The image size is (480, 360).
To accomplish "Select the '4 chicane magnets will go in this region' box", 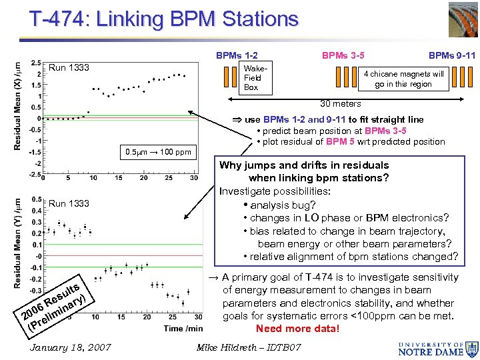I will tap(403, 79).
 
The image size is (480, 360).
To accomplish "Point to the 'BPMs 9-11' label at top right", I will tap(451, 56).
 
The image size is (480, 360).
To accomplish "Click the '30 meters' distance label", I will tap(340, 103).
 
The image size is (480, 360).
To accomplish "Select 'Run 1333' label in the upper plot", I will tap(69, 67).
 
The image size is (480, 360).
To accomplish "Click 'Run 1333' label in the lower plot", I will tap(69, 203).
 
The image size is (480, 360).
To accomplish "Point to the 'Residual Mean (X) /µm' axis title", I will tap(17, 105).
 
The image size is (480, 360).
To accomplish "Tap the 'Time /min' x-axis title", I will tap(183, 328).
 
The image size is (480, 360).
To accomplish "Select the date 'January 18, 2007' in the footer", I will tap(71, 347).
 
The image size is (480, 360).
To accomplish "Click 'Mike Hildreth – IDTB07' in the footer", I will tap(249, 347).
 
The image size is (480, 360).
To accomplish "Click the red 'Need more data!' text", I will tap(297, 328).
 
